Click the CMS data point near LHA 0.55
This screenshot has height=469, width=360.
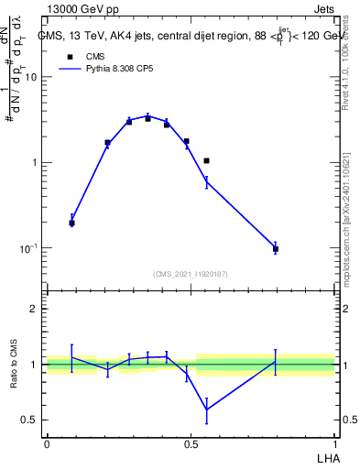pos(207,161)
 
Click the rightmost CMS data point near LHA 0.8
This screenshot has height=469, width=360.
pos(276,249)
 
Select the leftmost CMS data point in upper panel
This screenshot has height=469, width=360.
pos(72,223)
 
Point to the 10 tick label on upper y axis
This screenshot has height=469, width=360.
pos(30,77)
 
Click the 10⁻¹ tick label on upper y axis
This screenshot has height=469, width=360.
pos(28,248)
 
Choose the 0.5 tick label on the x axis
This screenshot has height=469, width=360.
pos(191,444)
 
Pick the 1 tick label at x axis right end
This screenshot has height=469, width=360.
pos(334,444)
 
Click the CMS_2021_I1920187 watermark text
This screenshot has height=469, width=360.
pos(190,274)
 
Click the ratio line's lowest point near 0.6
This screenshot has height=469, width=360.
pos(207,409)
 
